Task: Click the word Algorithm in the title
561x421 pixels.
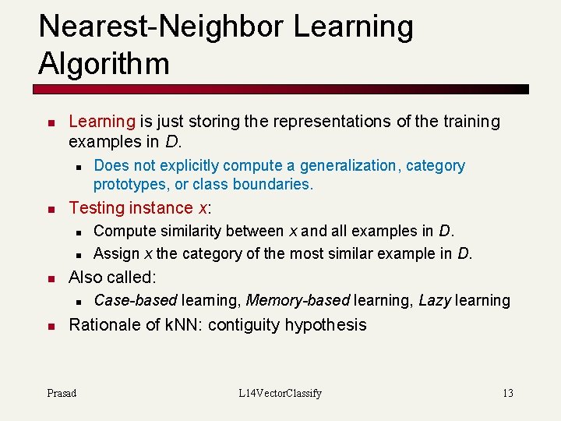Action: [104, 62]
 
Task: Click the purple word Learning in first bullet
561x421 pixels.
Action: [102, 122]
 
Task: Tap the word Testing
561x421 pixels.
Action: [97, 208]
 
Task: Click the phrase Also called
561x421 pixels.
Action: [111, 278]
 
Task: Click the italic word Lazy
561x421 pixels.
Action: [434, 300]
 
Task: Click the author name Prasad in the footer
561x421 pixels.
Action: [62, 393]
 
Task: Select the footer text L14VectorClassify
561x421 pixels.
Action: [280, 393]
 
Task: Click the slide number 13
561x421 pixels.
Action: [507, 393]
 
